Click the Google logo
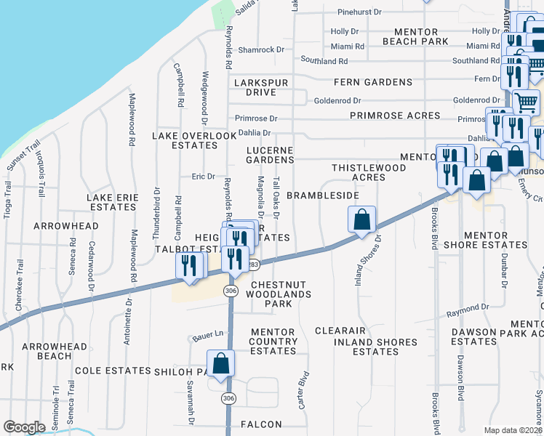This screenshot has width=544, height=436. click(x=24, y=427)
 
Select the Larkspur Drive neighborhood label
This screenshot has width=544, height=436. click(x=261, y=88)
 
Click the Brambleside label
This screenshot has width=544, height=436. click(x=323, y=196)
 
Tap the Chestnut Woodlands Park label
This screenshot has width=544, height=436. click(x=279, y=289)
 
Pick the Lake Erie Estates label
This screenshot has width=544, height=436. click(x=111, y=202)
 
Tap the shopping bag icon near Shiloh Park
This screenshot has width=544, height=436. click(x=221, y=363)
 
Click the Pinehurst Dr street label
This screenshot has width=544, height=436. click(x=360, y=12)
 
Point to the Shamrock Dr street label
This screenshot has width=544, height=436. click(x=260, y=49)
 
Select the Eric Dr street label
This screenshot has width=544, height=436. click(x=203, y=176)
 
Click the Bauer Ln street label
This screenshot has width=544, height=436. click(x=207, y=336)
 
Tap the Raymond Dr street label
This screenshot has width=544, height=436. click(x=468, y=307)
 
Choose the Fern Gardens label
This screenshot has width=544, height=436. click(x=373, y=82)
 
